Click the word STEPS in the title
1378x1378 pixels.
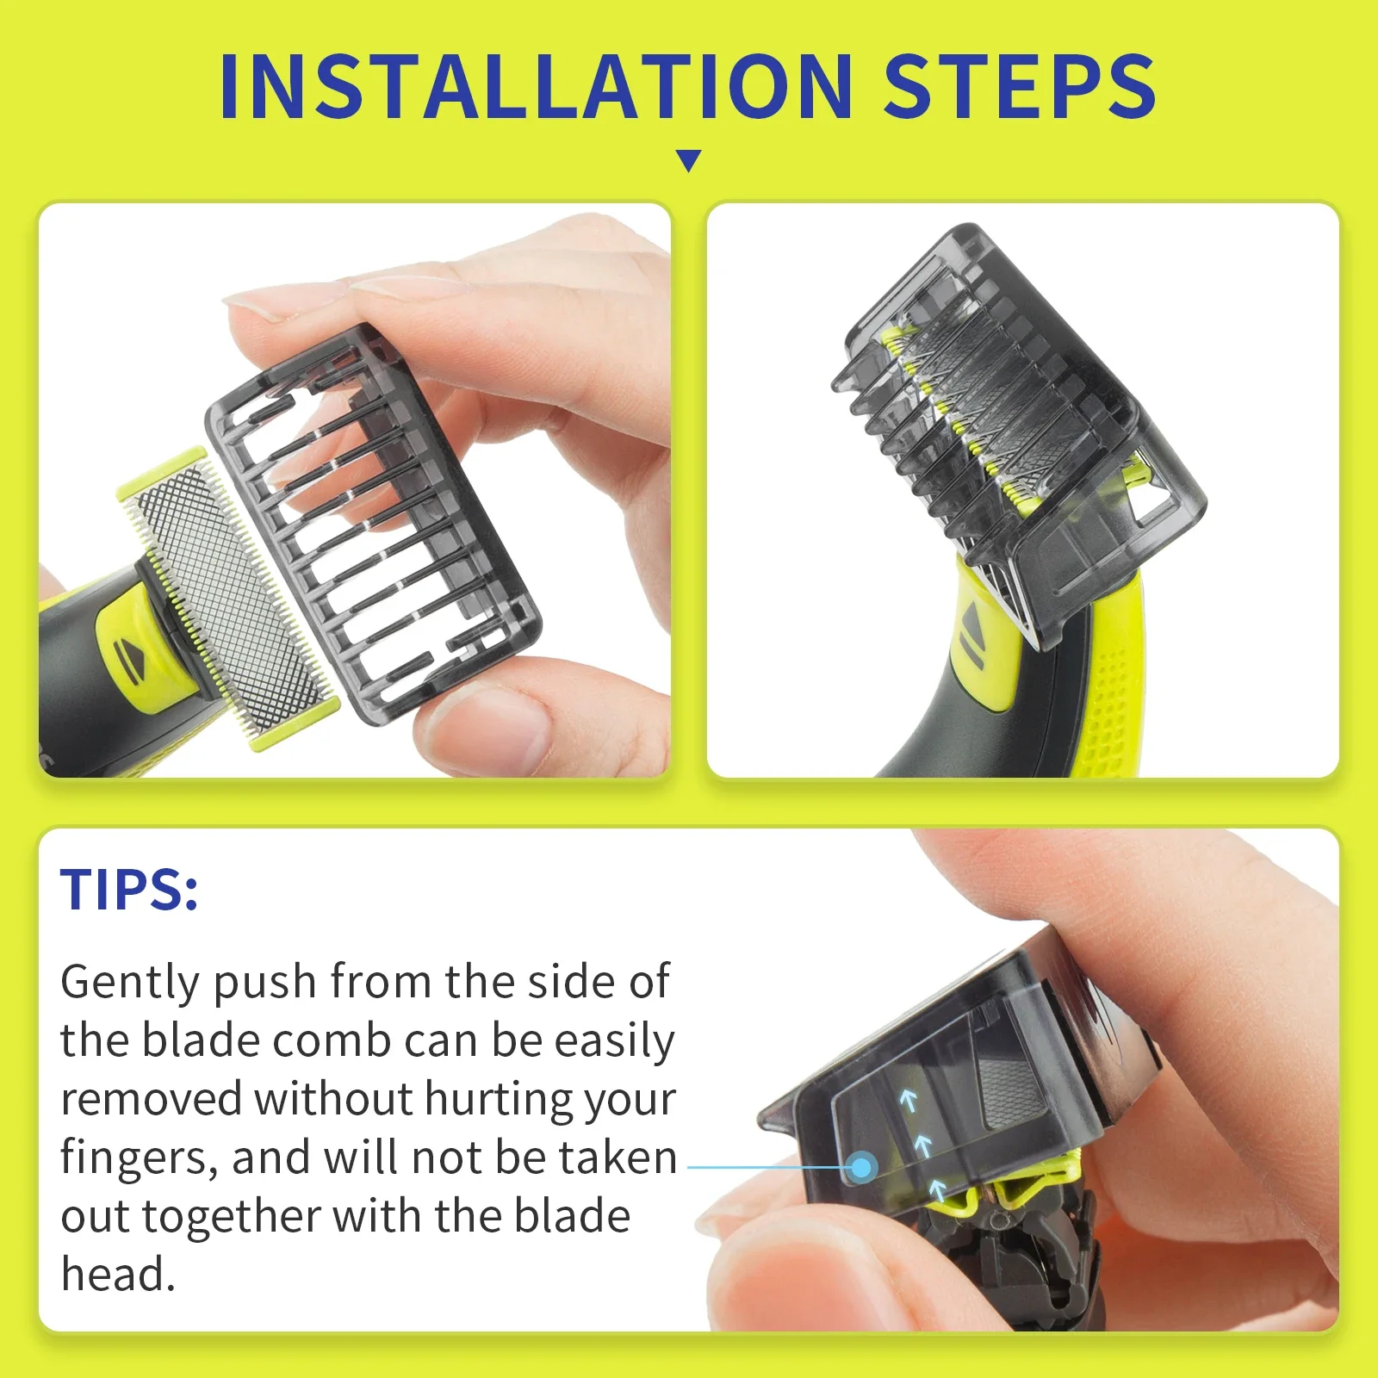pyautogui.click(x=1020, y=86)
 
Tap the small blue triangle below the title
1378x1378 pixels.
pyautogui.click(x=688, y=160)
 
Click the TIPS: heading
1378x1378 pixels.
pyautogui.click(x=129, y=890)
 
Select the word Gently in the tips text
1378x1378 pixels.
pyautogui.click(x=130, y=983)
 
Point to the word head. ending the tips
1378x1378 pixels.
pyautogui.click(x=118, y=1275)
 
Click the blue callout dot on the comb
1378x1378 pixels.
pyautogui.click(x=861, y=1168)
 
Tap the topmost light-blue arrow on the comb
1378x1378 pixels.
pyautogui.click(x=908, y=1100)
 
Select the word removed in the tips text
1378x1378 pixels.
pyautogui.click(x=151, y=1100)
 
